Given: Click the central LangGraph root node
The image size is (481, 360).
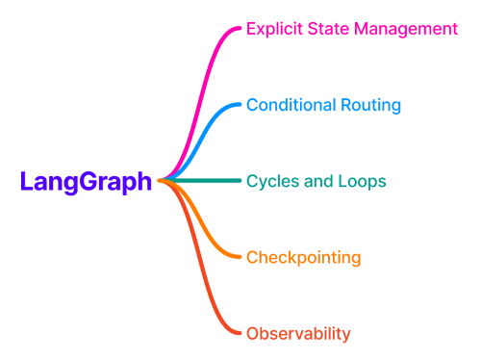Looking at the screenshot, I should (x=86, y=181).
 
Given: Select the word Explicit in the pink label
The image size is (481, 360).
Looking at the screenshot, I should (x=273, y=29).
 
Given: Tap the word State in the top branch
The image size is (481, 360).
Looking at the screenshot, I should (x=326, y=29).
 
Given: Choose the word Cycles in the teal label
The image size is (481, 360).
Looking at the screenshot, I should (x=270, y=181).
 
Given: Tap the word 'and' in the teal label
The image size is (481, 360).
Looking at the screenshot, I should (x=315, y=181).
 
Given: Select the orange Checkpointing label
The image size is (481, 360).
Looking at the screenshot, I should (x=303, y=257).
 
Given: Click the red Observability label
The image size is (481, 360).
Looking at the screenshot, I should (x=298, y=334).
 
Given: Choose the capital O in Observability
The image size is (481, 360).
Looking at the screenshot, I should (x=253, y=334).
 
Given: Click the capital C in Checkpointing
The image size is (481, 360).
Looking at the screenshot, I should (x=253, y=257).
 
